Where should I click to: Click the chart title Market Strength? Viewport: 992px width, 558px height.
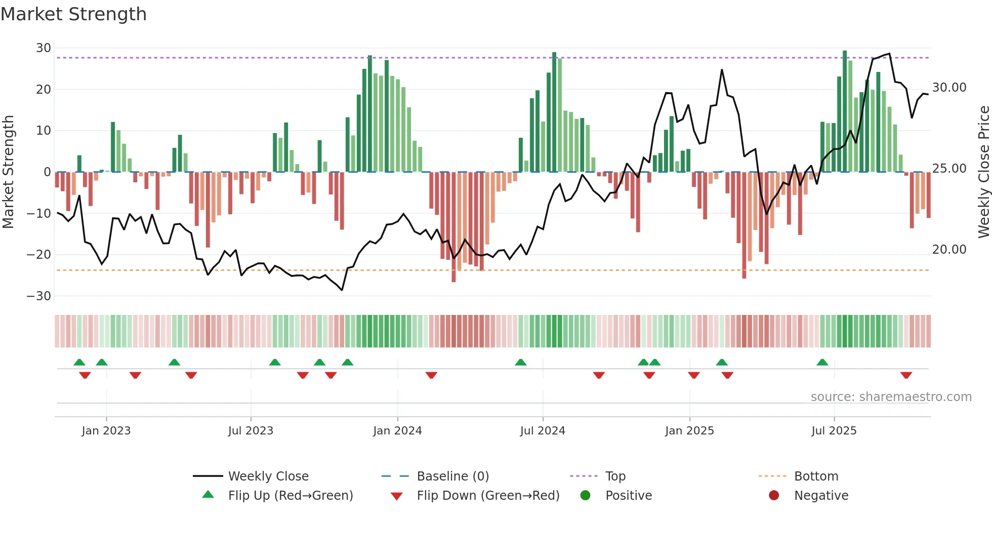pos(73,14)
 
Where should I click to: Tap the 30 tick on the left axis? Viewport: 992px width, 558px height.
pos(44,48)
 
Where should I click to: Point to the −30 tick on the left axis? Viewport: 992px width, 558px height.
pos(39,296)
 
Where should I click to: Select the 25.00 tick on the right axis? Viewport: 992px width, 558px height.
pos(949,169)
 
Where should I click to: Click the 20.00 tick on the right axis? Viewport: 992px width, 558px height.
pos(949,250)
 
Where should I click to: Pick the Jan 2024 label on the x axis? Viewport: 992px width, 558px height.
pos(397,431)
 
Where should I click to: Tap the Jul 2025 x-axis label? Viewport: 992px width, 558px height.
pos(834,431)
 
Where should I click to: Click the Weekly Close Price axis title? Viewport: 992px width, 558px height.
pos(983,172)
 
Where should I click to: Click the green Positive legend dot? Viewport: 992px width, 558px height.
pos(585,495)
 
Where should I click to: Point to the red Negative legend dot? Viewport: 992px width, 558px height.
pos(774,495)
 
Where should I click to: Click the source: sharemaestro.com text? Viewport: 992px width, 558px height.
pos(891,397)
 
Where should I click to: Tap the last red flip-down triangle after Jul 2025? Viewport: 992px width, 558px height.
pos(906,375)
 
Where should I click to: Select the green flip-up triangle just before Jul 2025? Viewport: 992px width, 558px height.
pos(822,362)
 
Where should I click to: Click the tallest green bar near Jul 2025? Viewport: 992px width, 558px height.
pos(845,111)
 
